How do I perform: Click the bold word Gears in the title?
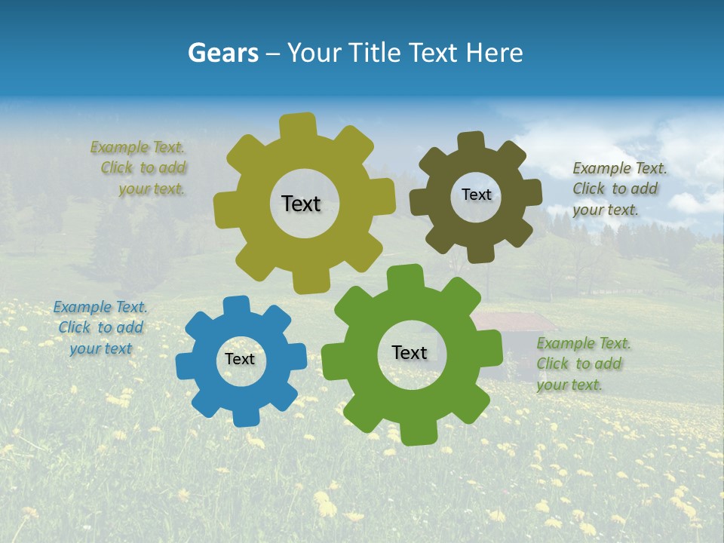(222, 53)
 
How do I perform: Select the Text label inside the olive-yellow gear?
(301, 204)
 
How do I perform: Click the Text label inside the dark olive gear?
(476, 195)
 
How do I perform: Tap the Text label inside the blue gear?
(240, 360)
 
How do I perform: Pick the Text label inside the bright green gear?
(410, 352)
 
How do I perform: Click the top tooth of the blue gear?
(236, 306)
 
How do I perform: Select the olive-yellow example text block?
(140, 168)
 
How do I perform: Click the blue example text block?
(100, 327)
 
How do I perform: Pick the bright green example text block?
(582, 364)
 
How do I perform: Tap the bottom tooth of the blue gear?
(245, 415)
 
